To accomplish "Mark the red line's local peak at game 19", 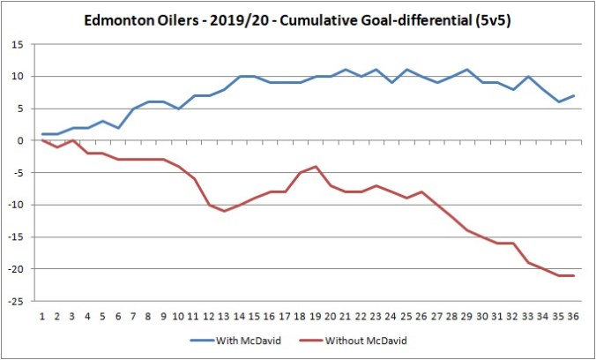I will pyautogui.click(x=316, y=166).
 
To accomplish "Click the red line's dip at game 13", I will pyautogui.click(x=225, y=211).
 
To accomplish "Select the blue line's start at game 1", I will pyautogui.click(x=42, y=134).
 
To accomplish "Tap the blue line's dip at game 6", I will pyautogui.click(x=118, y=128).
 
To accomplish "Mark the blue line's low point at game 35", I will pyautogui.click(x=559, y=101).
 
